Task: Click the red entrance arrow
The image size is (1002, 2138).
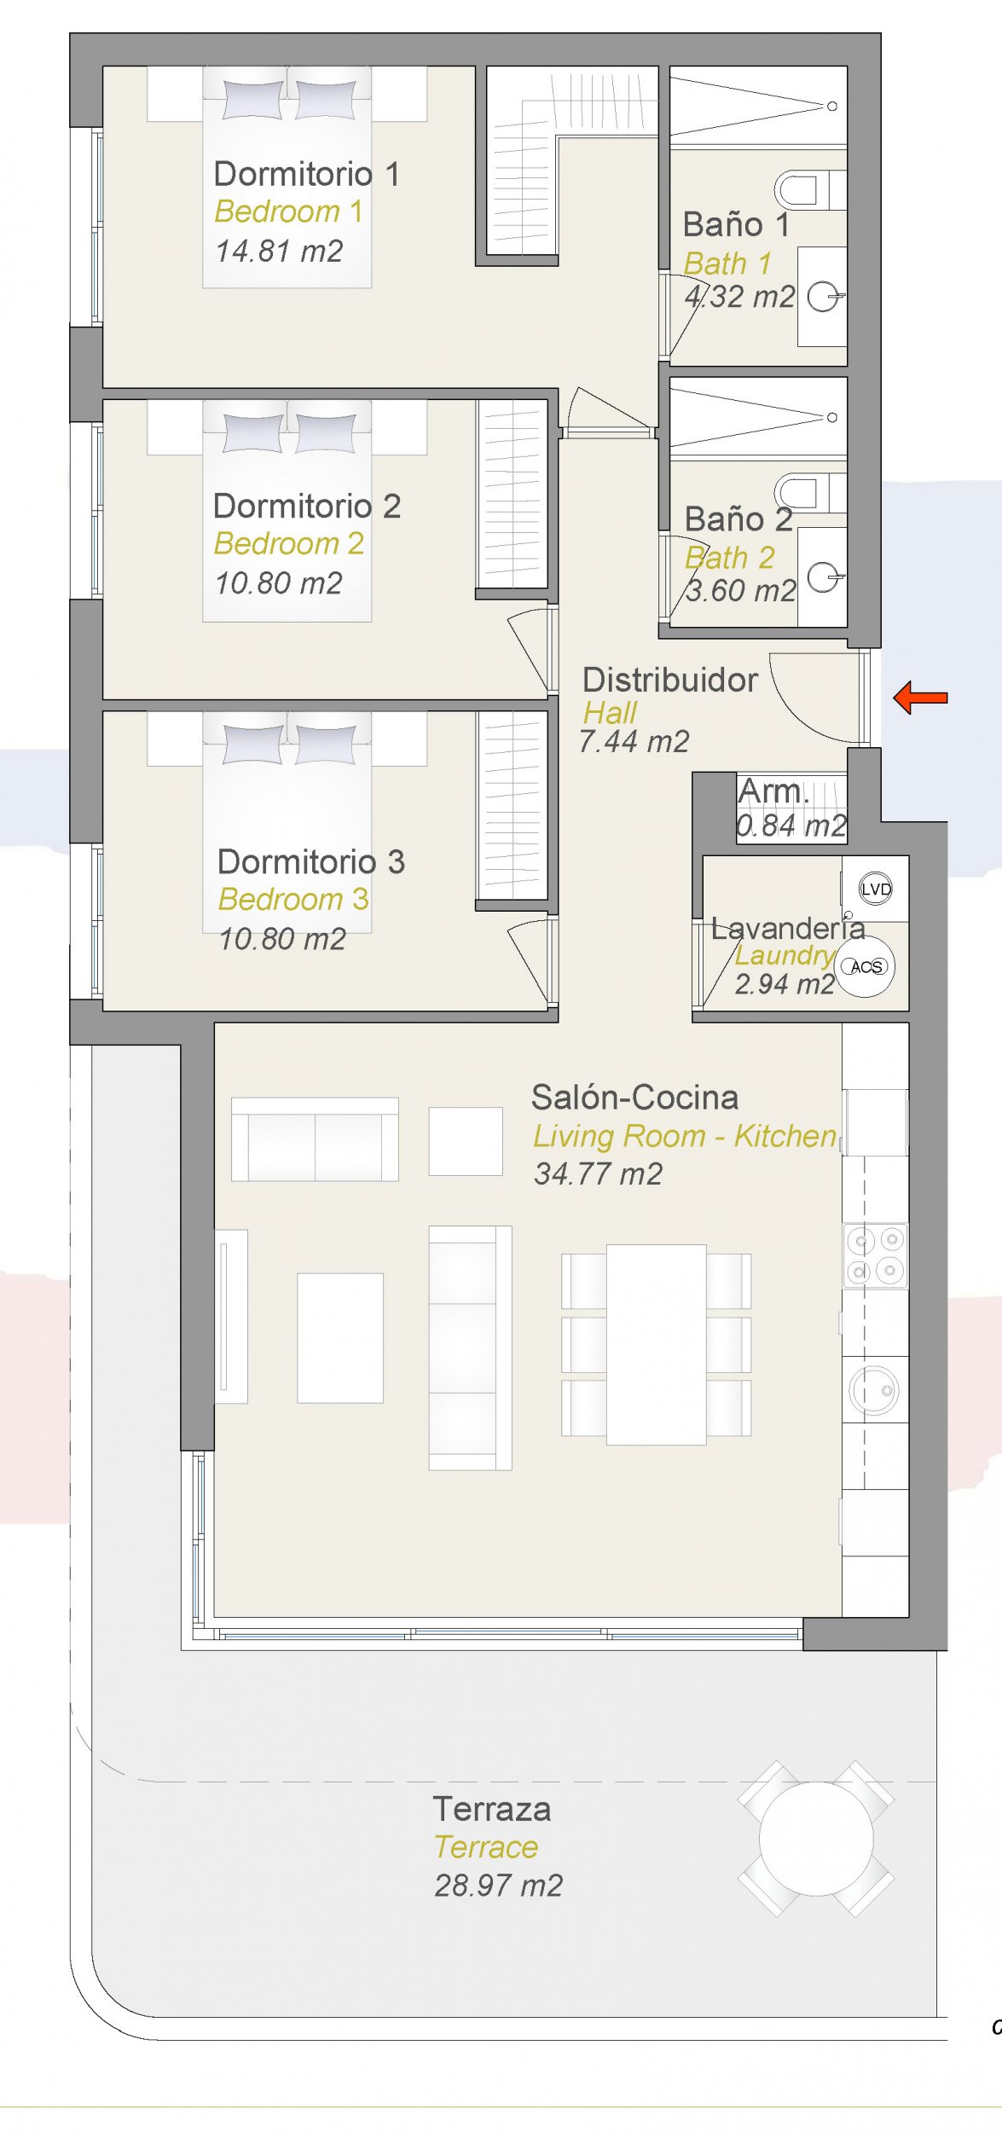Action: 920,698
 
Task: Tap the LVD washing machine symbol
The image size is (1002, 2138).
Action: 875,889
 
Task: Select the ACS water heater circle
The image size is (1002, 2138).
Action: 866,966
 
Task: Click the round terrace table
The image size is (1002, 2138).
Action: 816,1838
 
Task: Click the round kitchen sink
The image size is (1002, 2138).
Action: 874,1389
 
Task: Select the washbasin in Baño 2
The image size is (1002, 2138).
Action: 822,577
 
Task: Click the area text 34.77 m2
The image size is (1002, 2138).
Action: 598,1173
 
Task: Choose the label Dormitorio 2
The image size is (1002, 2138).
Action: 307,506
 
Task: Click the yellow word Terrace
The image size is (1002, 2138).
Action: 486,1846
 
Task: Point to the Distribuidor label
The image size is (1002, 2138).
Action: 670,680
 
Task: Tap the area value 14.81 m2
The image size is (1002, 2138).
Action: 279,251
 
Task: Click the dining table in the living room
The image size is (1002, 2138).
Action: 657,1344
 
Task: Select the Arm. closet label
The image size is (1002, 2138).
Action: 773,791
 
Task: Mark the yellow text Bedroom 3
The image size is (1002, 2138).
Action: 293,899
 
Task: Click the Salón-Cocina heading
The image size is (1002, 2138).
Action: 634,1098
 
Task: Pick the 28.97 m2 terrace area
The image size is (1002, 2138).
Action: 499,1885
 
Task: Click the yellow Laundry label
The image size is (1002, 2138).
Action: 785,955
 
